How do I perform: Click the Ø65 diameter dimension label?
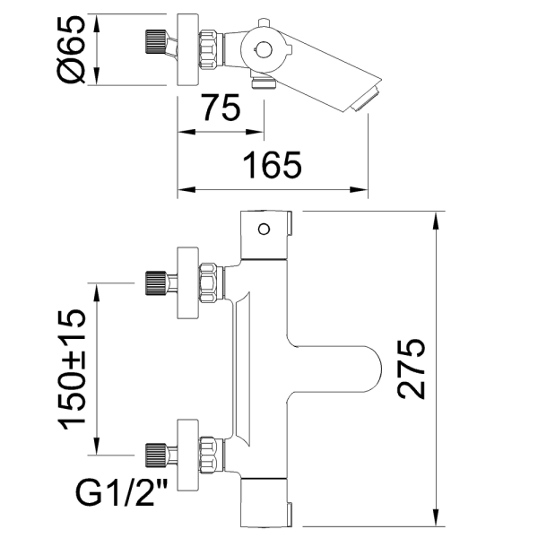pyautogui.click(x=74, y=50)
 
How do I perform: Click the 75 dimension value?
pyautogui.click(x=220, y=109)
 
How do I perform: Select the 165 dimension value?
pyautogui.click(x=272, y=167)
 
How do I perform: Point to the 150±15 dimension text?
pyautogui.click(x=74, y=369)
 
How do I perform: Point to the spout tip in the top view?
pyautogui.click(x=368, y=100)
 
